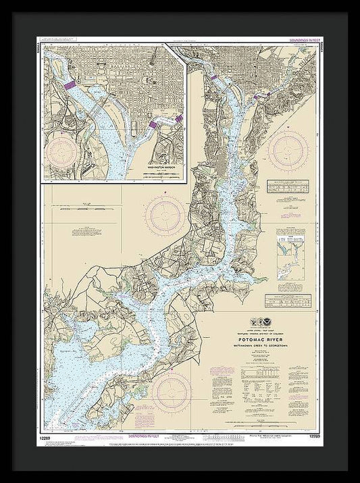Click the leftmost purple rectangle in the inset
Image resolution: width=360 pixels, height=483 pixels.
(x=71, y=85)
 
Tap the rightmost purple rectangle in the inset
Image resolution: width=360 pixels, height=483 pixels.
(x=178, y=119)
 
